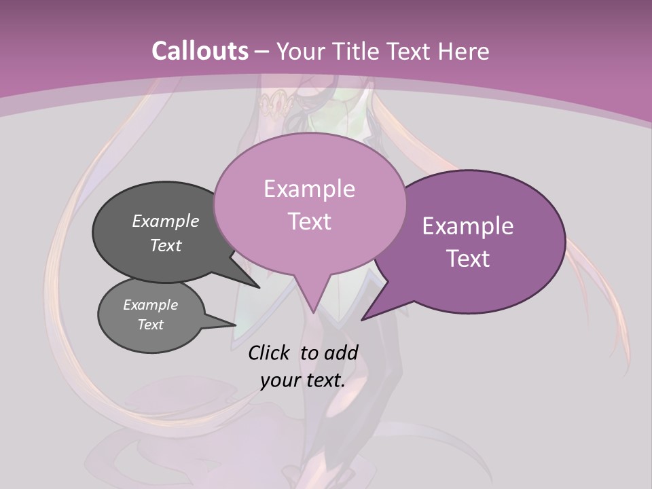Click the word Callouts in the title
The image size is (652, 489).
click(x=200, y=51)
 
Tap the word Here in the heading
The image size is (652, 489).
click(x=463, y=51)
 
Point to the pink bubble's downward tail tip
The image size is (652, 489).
click(x=313, y=312)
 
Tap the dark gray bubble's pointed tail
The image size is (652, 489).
click(x=258, y=287)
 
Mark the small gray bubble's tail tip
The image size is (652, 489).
click(x=236, y=325)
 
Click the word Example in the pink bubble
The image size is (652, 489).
click(x=309, y=189)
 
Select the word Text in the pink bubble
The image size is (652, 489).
click(x=309, y=221)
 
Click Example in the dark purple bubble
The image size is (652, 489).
click(x=468, y=226)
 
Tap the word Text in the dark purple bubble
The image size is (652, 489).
click(x=468, y=259)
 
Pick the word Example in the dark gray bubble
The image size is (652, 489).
click(x=166, y=221)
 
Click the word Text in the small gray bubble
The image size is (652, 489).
click(x=151, y=325)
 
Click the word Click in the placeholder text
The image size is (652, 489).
click(x=269, y=352)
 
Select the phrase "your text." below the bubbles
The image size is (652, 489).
click(x=303, y=380)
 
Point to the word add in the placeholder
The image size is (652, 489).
click(x=341, y=352)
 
